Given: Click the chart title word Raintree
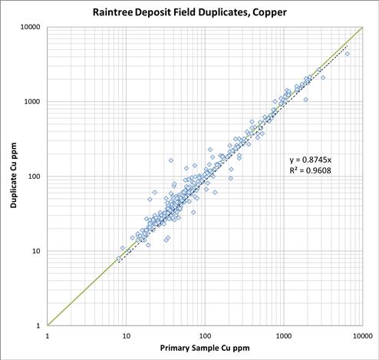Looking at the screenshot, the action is tap(113, 12).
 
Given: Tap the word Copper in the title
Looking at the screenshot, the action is tap(269, 13).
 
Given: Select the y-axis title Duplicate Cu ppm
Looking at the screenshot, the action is tap(14, 175).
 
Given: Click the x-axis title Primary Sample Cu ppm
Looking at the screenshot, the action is tap(205, 348).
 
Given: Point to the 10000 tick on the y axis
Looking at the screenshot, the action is tap(31, 27).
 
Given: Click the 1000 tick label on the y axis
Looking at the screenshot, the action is tap(32, 101).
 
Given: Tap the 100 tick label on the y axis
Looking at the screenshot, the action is tap(34, 177).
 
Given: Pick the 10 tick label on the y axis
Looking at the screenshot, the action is tap(36, 251).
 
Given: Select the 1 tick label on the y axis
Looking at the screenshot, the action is tap(38, 325).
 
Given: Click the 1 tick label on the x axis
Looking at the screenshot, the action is tap(48, 336).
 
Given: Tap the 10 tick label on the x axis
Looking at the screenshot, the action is tap(127, 336).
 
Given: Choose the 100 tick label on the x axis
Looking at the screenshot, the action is tap(205, 336).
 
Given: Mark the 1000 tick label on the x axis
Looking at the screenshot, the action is tap(284, 336).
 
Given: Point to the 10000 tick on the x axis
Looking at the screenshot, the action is tap(363, 336).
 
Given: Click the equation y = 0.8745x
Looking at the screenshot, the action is tap(311, 160).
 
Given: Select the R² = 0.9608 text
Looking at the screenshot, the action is tap(311, 170).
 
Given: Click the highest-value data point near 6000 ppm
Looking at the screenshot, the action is tap(348, 54).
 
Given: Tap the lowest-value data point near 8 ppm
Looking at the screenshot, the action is tap(118, 259).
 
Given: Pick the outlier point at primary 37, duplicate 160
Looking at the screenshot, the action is tap(171, 160).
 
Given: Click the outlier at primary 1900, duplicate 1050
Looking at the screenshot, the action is tap(305, 100).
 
